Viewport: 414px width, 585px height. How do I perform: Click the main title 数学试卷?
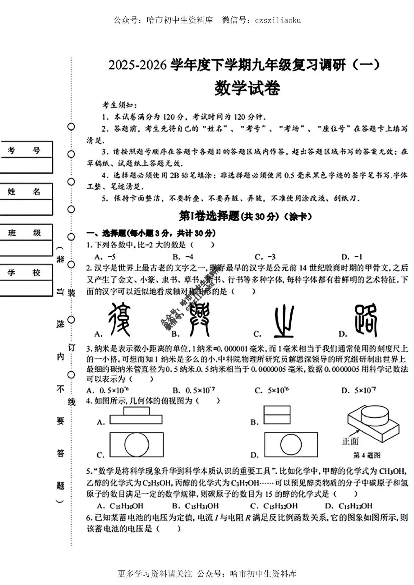[x=247, y=88]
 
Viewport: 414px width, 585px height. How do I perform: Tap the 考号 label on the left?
[x=24, y=150]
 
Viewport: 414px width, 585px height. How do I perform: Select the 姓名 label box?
[x=24, y=191]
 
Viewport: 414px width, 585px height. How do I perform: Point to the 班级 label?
[x=24, y=233]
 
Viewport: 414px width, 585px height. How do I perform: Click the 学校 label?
[x=24, y=273]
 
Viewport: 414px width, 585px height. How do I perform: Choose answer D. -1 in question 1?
[x=352, y=257]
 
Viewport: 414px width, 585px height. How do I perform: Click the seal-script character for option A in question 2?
[x=119, y=320]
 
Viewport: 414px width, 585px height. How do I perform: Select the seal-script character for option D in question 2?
[x=365, y=320]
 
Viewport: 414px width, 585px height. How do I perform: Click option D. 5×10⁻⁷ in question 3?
[x=358, y=390]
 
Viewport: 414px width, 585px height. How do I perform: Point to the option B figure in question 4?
[x=276, y=415]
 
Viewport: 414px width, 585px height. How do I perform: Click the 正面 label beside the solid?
[x=350, y=441]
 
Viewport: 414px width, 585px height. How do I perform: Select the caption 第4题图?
[x=366, y=455]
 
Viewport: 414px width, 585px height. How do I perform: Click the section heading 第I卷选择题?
[x=209, y=217]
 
